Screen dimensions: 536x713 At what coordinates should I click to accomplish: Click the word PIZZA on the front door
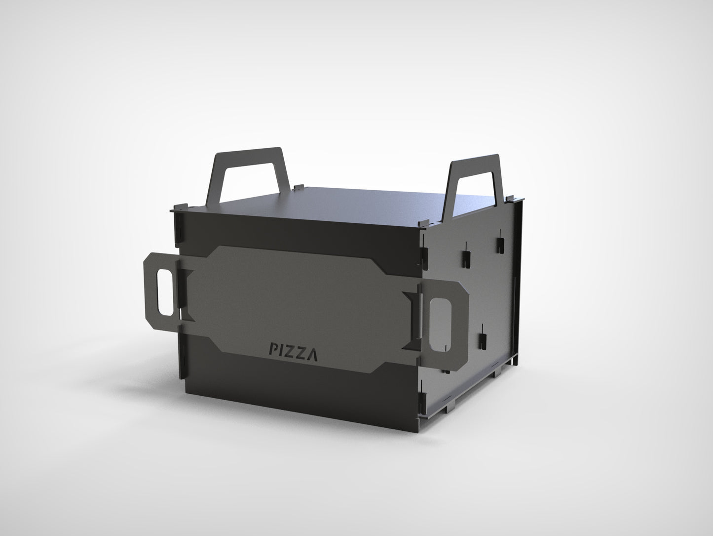(293, 350)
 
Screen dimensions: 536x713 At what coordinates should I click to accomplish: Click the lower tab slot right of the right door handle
(482, 339)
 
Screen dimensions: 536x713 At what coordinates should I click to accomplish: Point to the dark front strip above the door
(296, 232)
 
